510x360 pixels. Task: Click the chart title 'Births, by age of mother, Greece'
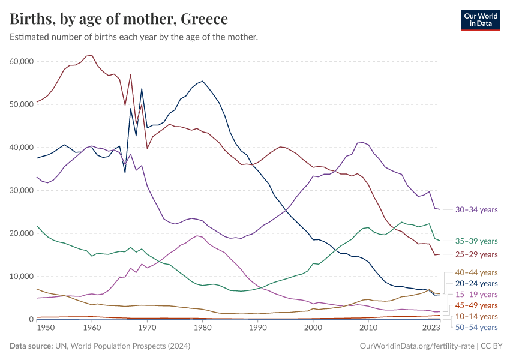(119, 19)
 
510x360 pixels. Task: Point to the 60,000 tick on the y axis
(22, 62)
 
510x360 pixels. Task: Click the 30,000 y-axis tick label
(22, 191)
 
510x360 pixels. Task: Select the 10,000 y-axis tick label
(22, 277)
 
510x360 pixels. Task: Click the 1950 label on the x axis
(37, 328)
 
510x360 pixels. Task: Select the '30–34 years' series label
(476, 210)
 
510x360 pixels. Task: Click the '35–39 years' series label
(476, 241)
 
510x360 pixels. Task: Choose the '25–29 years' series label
(476, 255)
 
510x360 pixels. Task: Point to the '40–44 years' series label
(476, 272)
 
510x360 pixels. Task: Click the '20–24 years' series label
(476, 283)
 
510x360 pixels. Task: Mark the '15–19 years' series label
(476, 295)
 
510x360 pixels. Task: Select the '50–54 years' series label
(476, 327)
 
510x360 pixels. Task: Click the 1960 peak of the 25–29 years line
(91, 55)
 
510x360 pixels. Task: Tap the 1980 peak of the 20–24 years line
(202, 81)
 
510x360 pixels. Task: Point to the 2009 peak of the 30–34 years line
(362, 142)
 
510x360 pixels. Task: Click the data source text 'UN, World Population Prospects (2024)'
(123, 346)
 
